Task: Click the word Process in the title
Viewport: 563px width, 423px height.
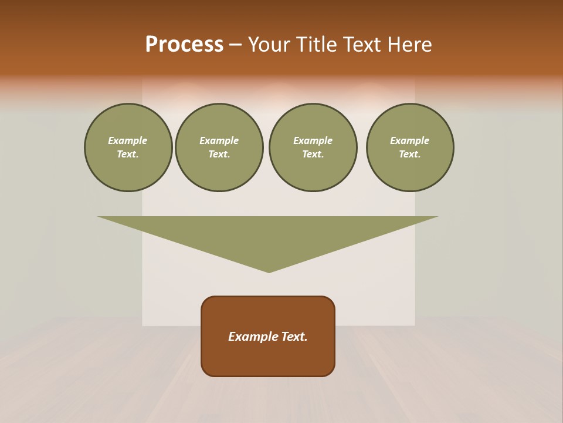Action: pos(184,45)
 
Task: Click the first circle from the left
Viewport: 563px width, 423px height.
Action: pos(128,147)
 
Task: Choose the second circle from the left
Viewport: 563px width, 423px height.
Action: pos(219,147)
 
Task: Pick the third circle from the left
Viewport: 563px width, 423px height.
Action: pos(313,147)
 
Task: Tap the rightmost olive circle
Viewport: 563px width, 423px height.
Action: pos(410,147)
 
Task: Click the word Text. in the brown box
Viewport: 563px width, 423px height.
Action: pos(294,337)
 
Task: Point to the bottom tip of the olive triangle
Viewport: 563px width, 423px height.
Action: pos(269,271)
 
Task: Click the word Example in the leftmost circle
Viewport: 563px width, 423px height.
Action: pos(128,140)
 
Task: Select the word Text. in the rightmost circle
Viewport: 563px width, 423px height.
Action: pos(410,155)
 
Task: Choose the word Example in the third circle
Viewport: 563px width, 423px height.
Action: pos(313,140)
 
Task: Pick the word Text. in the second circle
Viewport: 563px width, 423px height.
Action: pos(219,155)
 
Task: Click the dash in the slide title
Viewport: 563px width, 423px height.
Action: pos(236,45)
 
